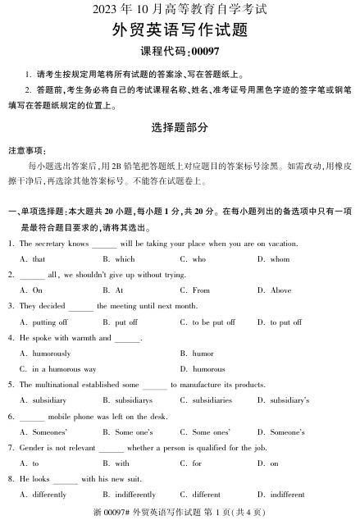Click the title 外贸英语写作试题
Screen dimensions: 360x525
coord(179,31)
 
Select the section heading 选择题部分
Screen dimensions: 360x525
coord(180,127)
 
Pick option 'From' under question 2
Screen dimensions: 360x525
coord(201,290)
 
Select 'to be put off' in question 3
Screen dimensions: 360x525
coord(212,322)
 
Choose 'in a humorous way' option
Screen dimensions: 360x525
coord(64,369)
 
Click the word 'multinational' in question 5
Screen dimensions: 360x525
coord(66,385)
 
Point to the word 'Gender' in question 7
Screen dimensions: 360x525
coord(33,447)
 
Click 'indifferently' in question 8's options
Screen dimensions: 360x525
coord(134,495)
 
